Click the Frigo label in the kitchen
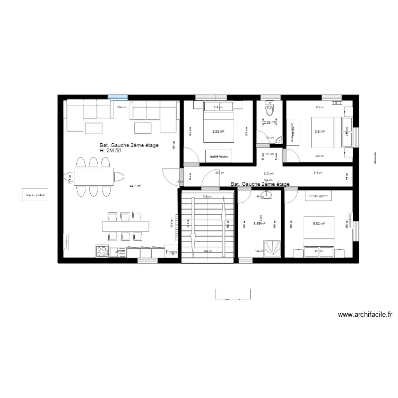tap(171, 252)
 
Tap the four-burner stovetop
tap(101, 252)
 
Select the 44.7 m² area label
tap(135, 186)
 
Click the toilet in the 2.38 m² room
tap(270, 111)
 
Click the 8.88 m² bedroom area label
tap(218, 131)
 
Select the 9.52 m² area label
tap(318, 223)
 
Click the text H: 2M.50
tap(110, 151)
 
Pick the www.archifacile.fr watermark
tap(365, 315)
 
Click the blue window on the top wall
tap(118, 97)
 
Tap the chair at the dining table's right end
tap(119, 176)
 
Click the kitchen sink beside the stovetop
tap(120, 253)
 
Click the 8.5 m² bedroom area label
tap(319, 131)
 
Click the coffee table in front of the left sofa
tap(93, 128)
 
